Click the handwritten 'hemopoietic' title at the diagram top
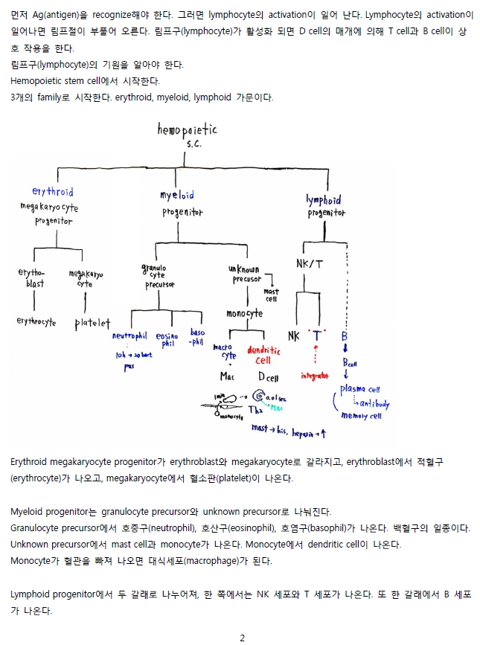[187, 130]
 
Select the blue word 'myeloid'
[177, 195]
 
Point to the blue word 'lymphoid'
[324, 199]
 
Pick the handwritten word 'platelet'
[92, 324]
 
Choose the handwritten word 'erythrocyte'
[36, 322]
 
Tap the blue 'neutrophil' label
[129, 336]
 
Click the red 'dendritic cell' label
[263, 355]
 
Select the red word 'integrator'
[315, 376]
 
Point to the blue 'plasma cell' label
[360, 388]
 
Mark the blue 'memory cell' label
[361, 416]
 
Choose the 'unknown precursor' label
[245, 273]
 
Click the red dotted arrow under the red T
[318, 356]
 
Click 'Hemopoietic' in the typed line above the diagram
[35, 80]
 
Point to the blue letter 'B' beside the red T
[345, 336]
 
